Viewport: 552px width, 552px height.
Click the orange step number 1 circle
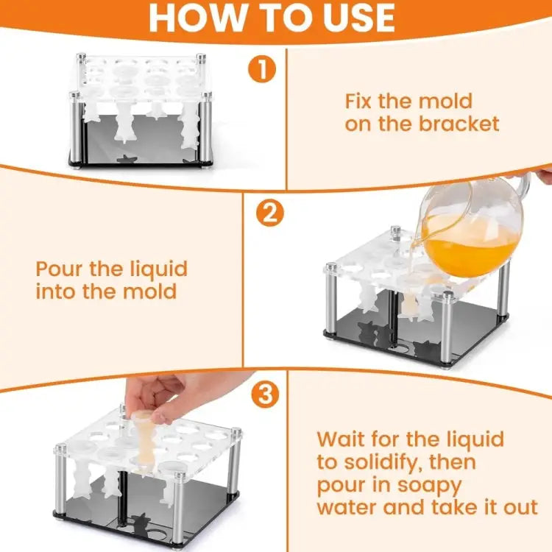coord(262,70)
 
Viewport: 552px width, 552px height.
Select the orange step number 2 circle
coord(269,213)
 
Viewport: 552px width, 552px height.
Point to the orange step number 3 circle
coord(265,394)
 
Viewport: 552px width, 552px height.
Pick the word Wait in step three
coord(341,439)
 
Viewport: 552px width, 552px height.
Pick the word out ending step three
coord(520,507)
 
